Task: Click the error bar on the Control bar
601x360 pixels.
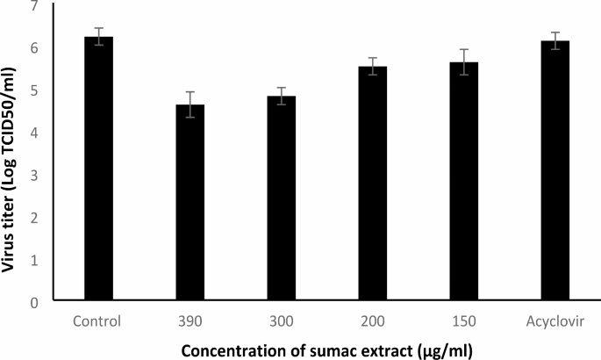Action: pos(98,36)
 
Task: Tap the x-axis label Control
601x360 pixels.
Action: pos(98,319)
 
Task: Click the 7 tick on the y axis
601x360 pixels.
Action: pos(34,6)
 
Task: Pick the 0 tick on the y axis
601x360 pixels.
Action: pos(34,302)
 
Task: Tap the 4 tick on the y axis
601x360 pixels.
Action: pos(34,133)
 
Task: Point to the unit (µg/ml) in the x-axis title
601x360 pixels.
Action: pos(442,351)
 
